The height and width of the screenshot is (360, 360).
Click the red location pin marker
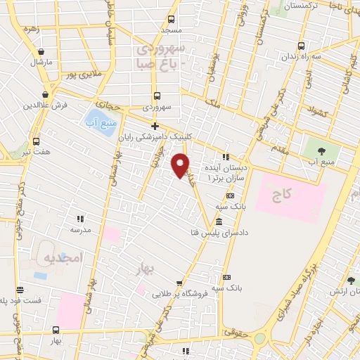click(x=181, y=165)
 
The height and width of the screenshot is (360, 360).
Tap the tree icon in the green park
click(x=322, y=150)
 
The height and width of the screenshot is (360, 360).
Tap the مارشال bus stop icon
click(x=41, y=51)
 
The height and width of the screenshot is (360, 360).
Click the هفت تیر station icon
click(x=36, y=141)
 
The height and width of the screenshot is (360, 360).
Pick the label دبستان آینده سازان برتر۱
click(x=225, y=174)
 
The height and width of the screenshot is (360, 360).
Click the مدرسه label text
click(x=80, y=229)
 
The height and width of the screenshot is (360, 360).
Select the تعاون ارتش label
click(x=344, y=291)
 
